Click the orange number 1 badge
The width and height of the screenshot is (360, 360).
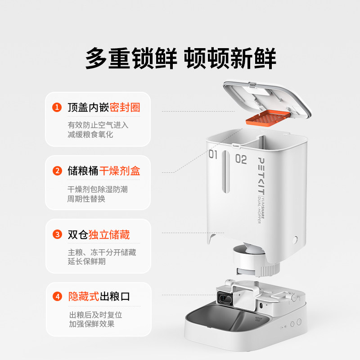click(x=57, y=108)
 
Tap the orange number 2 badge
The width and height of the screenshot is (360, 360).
click(x=57, y=171)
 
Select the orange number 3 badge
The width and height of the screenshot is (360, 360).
click(x=57, y=234)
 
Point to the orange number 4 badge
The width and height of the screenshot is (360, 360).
click(x=57, y=297)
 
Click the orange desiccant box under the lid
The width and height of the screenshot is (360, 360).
click(x=266, y=118)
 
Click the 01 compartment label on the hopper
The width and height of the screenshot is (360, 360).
click(x=213, y=155)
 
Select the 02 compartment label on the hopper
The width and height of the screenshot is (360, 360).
click(x=241, y=159)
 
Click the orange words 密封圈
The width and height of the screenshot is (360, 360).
click(x=125, y=108)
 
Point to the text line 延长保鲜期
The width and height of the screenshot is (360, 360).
click(x=87, y=261)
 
